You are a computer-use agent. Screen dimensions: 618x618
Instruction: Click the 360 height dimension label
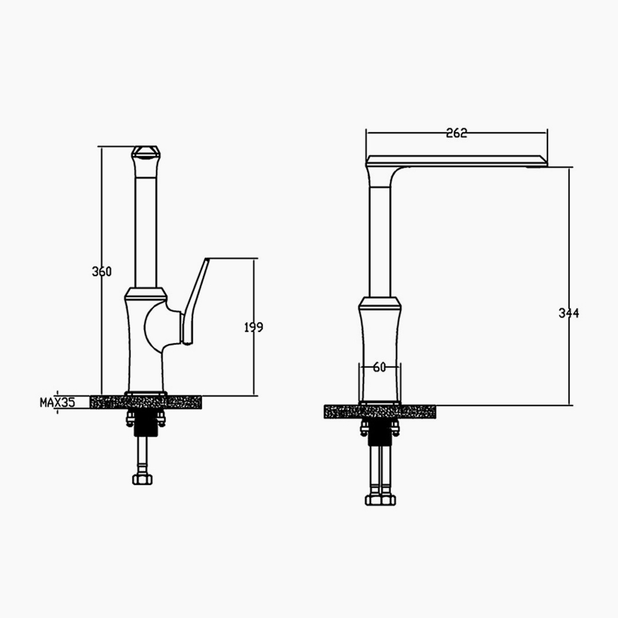pos(102,272)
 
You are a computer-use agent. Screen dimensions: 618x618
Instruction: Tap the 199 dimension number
pos(253,327)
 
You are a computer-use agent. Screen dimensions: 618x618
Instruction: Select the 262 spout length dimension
pos(457,133)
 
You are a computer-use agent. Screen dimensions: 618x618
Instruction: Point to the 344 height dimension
pos(569,313)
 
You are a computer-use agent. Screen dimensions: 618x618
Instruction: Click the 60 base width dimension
pos(379,367)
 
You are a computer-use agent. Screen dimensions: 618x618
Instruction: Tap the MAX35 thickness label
pos(57,402)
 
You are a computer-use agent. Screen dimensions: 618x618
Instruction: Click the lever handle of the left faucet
pos(195,302)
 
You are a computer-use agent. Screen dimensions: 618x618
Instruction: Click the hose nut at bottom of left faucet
pos(142,479)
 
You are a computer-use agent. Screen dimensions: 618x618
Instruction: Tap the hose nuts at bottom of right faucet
pos(381,500)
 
